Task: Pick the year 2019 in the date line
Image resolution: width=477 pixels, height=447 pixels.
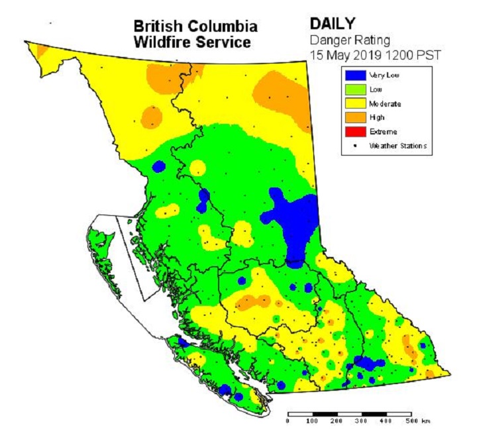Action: point(368,53)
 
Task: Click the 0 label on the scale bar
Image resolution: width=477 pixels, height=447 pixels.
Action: point(289,422)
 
